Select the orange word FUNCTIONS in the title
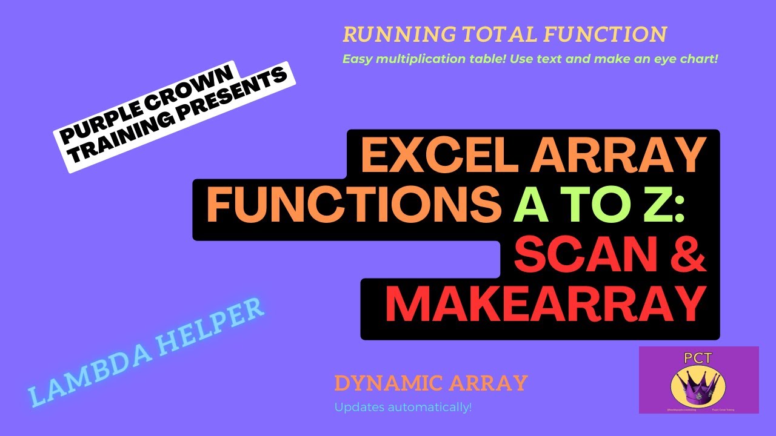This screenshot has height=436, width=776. click(x=350, y=205)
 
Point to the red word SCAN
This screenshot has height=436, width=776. click(x=576, y=255)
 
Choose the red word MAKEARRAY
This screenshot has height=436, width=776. click(x=546, y=305)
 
